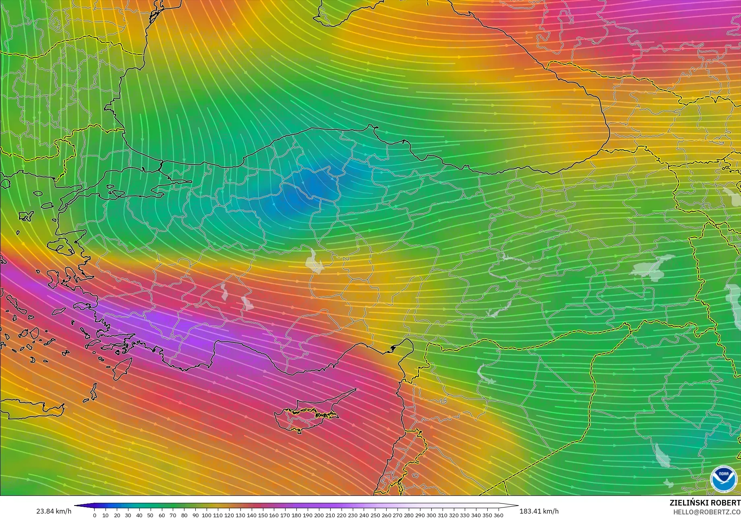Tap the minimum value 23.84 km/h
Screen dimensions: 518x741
[54, 511]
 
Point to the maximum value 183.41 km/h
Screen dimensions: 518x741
[539, 511]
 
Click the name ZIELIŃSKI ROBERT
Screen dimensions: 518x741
[705, 503]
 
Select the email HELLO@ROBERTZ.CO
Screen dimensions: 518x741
[707, 512]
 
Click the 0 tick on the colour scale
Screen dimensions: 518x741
[95, 515]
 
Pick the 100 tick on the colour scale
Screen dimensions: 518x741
[207, 515]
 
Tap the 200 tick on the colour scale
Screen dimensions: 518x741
[319, 515]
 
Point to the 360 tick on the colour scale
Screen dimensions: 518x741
[498, 515]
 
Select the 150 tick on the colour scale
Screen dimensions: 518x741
[263, 515]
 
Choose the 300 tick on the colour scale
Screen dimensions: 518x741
[431, 515]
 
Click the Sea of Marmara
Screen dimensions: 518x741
[133, 183]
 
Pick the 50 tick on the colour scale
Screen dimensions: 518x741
[151, 515]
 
